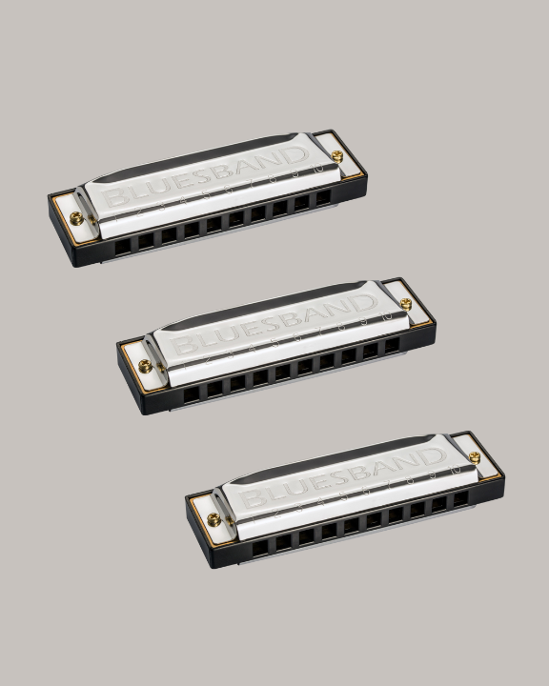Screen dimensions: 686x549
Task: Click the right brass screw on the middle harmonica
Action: pos(406,304)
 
